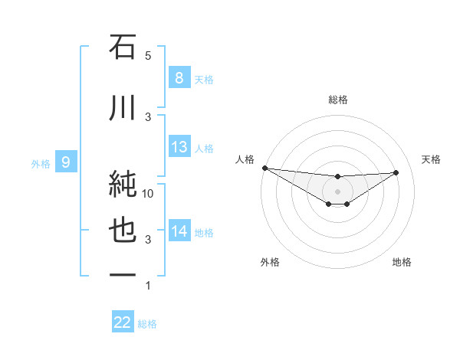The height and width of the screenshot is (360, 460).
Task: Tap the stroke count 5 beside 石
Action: pyautogui.click(x=148, y=56)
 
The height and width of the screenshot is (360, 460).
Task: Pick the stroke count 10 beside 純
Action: pyautogui.click(x=149, y=194)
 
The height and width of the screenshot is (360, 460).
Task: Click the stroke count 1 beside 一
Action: pyautogui.click(x=148, y=286)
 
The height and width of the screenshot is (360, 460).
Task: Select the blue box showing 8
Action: pyautogui.click(x=179, y=77)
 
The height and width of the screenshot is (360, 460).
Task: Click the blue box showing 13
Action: pyautogui.click(x=179, y=146)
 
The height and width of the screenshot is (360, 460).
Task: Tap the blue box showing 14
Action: pyautogui.click(x=179, y=231)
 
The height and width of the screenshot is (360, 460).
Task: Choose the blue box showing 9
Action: pyautogui.click(x=66, y=162)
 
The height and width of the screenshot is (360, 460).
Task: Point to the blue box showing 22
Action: pyautogui.click(x=123, y=323)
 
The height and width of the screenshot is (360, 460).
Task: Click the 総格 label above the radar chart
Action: pyautogui.click(x=337, y=100)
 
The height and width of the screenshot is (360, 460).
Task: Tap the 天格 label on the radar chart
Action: pyautogui.click(x=432, y=159)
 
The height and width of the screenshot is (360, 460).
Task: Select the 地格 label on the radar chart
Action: pyautogui.click(x=402, y=262)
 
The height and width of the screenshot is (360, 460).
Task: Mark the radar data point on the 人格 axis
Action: pyautogui.click(x=264, y=168)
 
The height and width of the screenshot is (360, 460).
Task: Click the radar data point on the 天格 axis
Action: pyautogui.click(x=396, y=172)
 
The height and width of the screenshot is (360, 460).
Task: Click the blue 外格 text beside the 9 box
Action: pyautogui.click(x=41, y=163)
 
